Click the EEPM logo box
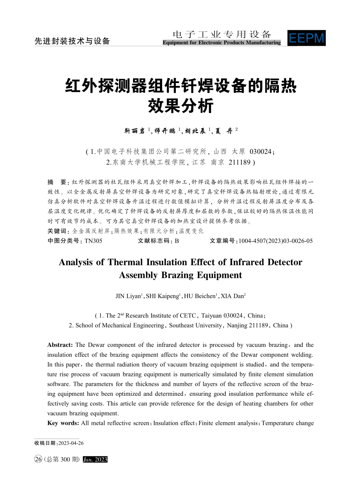pos(306,38)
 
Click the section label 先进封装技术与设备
pos(72,41)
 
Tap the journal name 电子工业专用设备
pos(222,34)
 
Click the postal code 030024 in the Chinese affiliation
pos(261,152)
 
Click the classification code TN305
pos(93,241)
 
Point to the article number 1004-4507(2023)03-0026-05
pos(275,241)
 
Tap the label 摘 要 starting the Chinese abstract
pos(57,182)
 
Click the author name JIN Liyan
pos(128,296)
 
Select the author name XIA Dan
pos(233,296)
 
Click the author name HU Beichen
pos(200,296)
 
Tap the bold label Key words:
pos(63,423)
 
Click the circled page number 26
pos(38,459)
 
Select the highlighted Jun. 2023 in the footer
pos(95,459)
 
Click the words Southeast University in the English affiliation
pos(196,325)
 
